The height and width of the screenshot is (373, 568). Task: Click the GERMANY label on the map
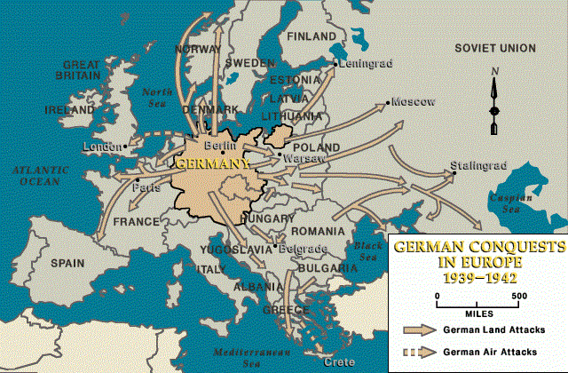(210, 163)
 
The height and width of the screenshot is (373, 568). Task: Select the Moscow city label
(414, 102)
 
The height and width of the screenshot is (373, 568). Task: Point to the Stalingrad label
(477, 165)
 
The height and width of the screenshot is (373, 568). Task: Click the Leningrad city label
(364, 64)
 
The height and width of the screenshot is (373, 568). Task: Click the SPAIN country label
(67, 264)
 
